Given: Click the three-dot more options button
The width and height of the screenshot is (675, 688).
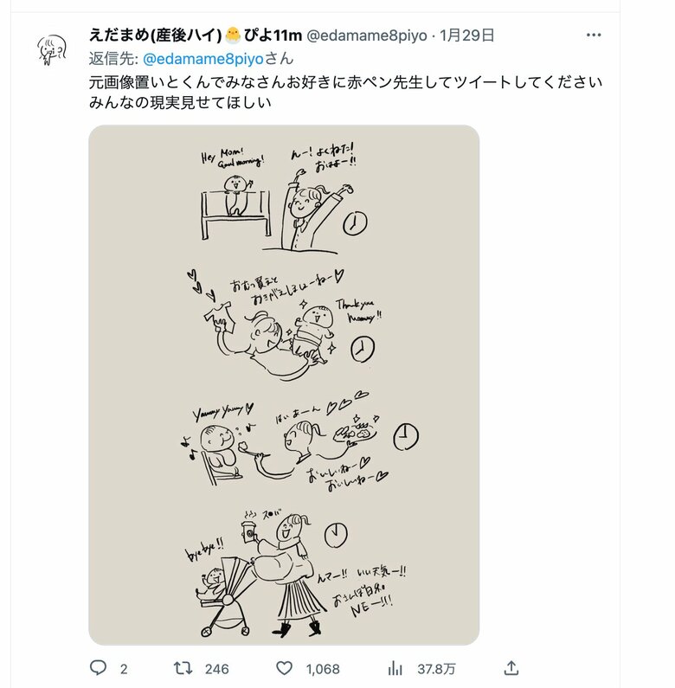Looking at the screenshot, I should [x=593, y=35].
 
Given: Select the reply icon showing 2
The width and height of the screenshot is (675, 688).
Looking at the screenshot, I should [x=99, y=667].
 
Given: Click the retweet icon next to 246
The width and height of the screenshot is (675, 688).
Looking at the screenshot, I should [x=184, y=667].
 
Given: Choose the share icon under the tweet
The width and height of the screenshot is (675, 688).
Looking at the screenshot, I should [x=511, y=667].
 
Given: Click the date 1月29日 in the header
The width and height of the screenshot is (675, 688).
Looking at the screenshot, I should [x=467, y=36].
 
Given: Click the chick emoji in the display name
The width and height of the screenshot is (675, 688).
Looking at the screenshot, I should [x=234, y=35].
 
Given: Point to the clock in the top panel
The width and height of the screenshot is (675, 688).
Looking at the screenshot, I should [x=354, y=224].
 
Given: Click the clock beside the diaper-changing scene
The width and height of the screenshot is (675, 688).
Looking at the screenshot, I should [x=362, y=349].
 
